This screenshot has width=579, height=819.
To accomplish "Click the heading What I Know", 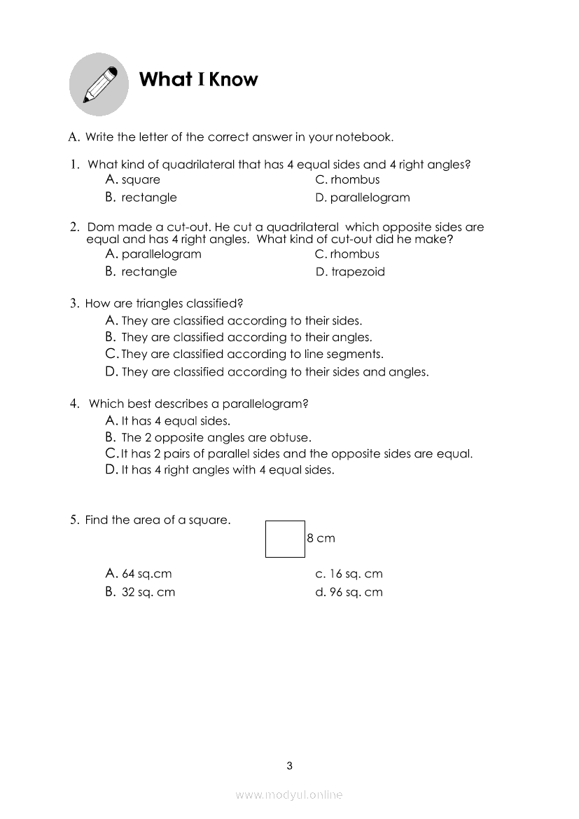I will (199, 79).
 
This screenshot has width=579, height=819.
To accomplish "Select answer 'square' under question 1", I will (140, 180).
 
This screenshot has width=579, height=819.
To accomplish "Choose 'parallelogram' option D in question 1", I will (370, 198).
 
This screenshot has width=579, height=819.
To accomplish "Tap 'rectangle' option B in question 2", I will (148, 272).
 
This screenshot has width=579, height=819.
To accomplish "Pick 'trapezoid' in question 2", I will (357, 272).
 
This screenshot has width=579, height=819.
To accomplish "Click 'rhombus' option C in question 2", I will (354, 254).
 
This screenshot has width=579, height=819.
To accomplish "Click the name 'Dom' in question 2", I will (99, 227).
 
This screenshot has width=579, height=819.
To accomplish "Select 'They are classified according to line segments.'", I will (252, 355).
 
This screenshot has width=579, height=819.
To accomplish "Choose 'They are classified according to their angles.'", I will (246, 338).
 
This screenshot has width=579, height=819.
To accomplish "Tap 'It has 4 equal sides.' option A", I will (175, 421).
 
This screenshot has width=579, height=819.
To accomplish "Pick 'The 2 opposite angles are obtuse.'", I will (216, 438).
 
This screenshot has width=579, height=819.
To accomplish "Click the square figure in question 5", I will (285, 539).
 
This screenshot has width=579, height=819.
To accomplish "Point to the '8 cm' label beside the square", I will (321, 538).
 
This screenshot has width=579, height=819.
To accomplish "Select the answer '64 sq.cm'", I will (146, 574).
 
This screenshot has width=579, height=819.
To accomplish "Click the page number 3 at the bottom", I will (290, 766).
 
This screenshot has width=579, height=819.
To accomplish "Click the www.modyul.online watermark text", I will (289, 794).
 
